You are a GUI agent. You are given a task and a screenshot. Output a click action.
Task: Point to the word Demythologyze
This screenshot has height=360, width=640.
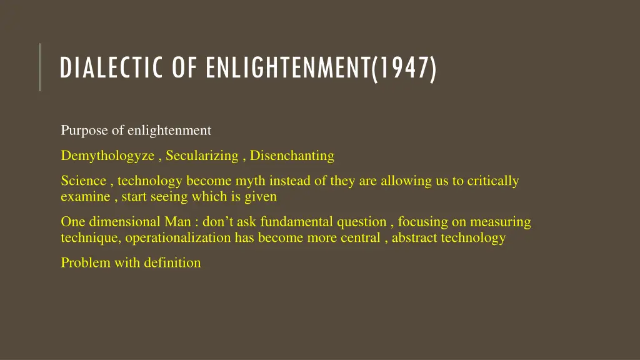coord(107,156)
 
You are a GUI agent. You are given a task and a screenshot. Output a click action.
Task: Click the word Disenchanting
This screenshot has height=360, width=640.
coord(292,156)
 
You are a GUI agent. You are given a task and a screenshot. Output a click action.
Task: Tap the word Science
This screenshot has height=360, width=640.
coord(84,181)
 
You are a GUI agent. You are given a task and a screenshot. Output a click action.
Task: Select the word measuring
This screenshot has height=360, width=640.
coord(501,222)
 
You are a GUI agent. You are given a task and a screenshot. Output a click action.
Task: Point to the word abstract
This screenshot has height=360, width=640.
coord(414,237)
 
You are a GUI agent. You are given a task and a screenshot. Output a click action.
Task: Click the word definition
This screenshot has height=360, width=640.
coord(172,262)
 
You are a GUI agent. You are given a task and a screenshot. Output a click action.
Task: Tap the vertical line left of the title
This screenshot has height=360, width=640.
coord(40,67)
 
